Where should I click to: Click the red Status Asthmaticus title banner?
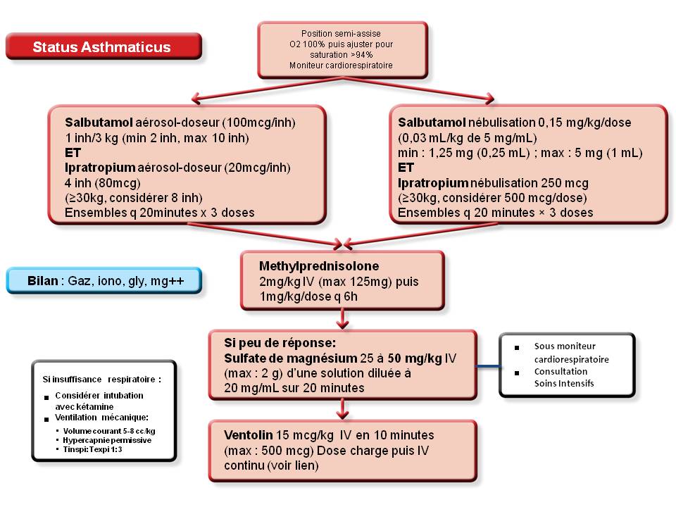(x=104, y=46)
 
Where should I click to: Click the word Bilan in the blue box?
(x=43, y=281)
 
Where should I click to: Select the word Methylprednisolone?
(x=319, y=266)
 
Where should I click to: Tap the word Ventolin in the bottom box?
(x=249, y=435)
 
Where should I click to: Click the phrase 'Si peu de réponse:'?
(x=280, y=343)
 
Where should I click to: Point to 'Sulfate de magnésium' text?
(x=291, y=358)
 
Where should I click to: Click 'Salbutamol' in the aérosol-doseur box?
(x=99, y=123)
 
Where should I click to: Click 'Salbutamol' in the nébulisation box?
(x=432, y=123)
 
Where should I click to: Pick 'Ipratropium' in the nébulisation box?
(x=433, y=183)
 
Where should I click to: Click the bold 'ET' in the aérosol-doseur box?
(x=73, y=153)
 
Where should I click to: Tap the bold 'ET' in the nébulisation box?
(x=406, y=168)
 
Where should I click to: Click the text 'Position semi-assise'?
(x=341, y=33)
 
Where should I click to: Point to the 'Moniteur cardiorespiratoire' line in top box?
(x=341, y=65)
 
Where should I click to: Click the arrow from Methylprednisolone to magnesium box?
(x=342, y=319)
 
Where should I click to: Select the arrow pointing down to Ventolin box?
(x=342, y=408)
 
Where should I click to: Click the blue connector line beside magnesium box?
(x=488, y=367)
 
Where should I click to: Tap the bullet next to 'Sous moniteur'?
(x=516, y=347)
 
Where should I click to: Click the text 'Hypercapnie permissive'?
(x=107, y=440)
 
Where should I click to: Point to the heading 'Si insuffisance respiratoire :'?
(x=101, y=380)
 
